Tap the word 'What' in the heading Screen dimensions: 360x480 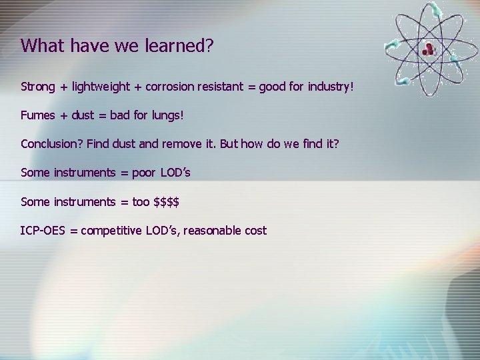click(42, 45)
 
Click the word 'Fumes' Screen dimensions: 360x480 click(38, 115)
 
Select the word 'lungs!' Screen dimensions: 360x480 click(166, 115)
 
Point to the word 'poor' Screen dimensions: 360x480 click(143, 173)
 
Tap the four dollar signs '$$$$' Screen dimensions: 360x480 click(166, 201)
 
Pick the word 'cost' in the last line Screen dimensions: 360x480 click(256, 231)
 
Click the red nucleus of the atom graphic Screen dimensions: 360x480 click(428, 48)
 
